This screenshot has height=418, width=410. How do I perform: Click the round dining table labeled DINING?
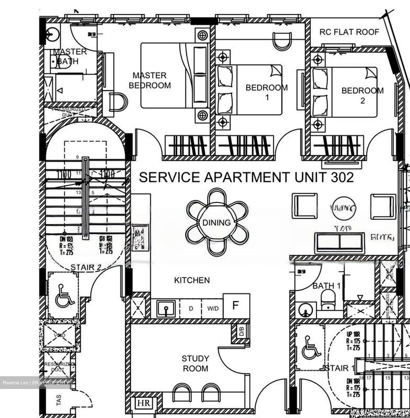(x=216, y=223)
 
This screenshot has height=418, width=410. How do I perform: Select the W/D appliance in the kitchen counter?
(x=213, y=308)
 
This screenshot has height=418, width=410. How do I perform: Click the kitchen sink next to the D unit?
(x=166, y=309)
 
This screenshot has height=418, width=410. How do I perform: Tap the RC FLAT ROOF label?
(x=349, y=32)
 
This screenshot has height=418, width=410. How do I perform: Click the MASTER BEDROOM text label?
(x=150, y=80)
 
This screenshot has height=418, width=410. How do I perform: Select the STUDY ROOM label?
(x=195, y=363)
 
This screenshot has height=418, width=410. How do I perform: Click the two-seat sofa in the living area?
(x=340, y=243)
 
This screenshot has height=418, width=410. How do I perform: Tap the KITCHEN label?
(x=192, y=280)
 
